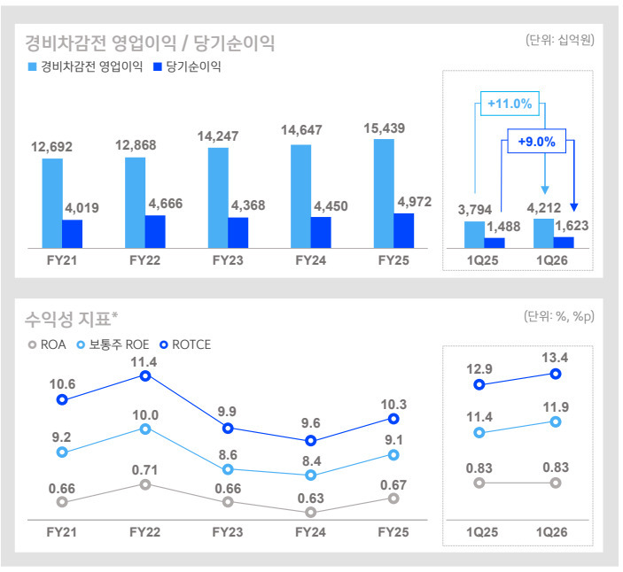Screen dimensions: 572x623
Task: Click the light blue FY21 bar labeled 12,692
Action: [x=51, y=203]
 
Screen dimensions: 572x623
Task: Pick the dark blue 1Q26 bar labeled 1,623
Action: [x=564, y=242]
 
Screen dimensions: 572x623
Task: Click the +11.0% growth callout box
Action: [x=510, y=104]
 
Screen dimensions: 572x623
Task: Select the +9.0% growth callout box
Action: [x=535, y=141]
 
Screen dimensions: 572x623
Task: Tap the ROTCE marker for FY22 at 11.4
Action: [x=144, y=375]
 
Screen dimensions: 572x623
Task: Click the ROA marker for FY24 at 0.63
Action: [x=311, y=512]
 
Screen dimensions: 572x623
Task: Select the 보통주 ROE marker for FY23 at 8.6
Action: [x=228, y=469]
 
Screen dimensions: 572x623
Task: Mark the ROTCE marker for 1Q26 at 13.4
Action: [x=556, y=374]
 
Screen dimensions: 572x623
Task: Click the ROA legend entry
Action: [x=47, y=344]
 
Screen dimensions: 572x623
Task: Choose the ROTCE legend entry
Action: [x=184, y=344]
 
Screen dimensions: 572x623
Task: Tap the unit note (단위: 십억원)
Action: [x=558, y=40]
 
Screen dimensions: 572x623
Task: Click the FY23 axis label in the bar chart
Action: [x=228, y=261]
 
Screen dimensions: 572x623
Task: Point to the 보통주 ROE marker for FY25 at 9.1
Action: [x=394, y=454]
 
